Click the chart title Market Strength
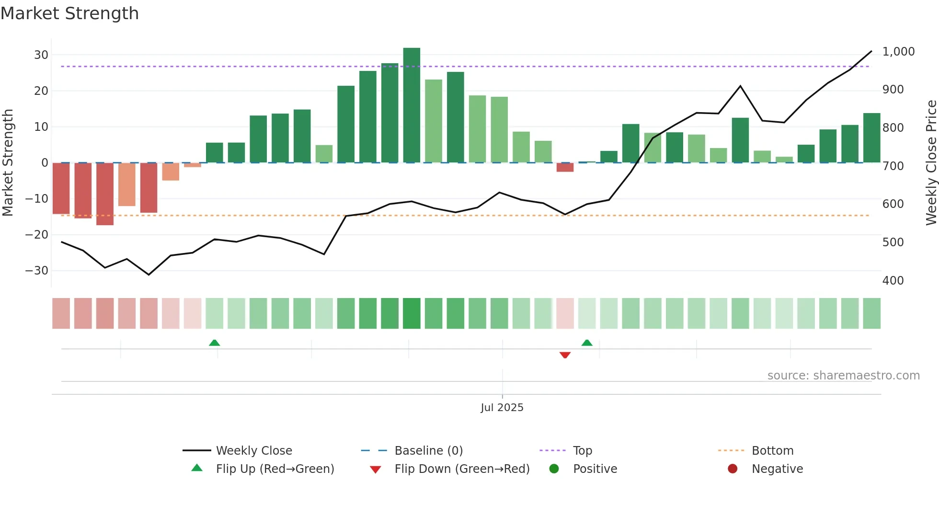[x=69, y=13]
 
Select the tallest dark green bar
[x=412, y=105]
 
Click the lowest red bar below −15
[x=105, y=194]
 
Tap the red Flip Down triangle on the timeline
[x=565, y=355]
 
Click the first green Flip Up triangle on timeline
[x=215, y=343]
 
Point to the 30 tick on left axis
[x=41, y=55]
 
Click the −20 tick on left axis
[x=37, y=235]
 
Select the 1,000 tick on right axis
[x=898, y=52]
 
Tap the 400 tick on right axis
[x=893, y=281]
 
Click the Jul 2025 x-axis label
[x=502, y=408]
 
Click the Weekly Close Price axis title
[x=931, y=162]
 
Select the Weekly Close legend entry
[x=253, y=451]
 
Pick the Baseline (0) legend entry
[x=428, y=451]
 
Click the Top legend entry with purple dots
[x=582, y=451]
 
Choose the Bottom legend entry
[x=772, y=451]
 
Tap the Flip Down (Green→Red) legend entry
[x=461, y=469]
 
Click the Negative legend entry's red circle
[x=733, y=469]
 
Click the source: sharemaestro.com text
[x=843, y=376]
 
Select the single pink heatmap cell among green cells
[x=565, y=313]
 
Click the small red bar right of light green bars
[x=565, y=167]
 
